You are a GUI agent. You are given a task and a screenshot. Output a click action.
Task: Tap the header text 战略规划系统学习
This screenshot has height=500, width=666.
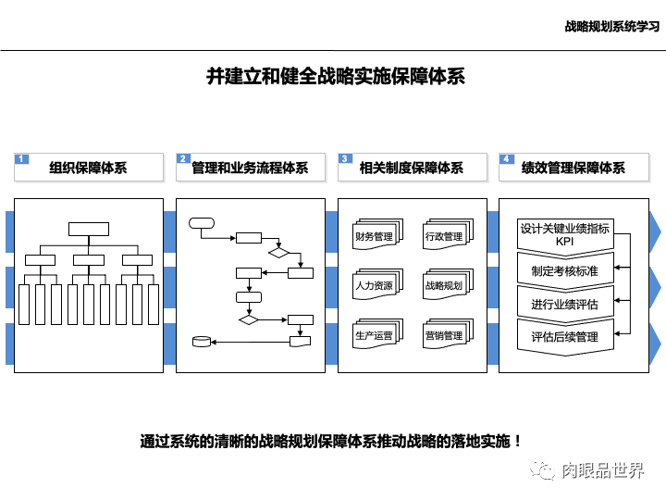(611, 26)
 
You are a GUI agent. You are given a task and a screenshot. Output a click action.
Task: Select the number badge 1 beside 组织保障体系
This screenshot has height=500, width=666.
(23, 159)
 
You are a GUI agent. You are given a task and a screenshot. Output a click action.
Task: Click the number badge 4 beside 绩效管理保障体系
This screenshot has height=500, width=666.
(507, 159)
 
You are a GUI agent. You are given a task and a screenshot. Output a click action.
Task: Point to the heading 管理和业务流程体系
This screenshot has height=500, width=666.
(250, 169)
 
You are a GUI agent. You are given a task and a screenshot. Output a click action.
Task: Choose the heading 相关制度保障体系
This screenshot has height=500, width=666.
(412, 169)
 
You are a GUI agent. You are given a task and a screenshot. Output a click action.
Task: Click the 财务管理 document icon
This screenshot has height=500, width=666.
(375, 236)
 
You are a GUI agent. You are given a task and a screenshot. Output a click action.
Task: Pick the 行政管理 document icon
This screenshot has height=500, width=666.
(444, 236)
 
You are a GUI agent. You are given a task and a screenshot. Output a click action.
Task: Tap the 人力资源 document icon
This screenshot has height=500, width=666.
(375, 285)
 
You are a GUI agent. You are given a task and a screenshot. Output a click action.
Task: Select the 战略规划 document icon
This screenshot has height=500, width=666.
(444, 285)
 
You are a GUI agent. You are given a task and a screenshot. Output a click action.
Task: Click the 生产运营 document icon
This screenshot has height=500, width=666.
(375, 335)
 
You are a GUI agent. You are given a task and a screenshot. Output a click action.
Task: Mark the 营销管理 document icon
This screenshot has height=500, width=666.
(444, 335)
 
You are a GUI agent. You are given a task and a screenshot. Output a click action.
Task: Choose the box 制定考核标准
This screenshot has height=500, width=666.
(564, 271)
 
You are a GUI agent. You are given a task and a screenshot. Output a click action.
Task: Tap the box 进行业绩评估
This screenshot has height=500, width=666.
(564, 304)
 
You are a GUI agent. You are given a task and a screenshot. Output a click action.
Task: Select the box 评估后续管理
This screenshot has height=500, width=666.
(564, 336)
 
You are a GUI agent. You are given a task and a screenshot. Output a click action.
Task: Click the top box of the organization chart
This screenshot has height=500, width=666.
(88, 229)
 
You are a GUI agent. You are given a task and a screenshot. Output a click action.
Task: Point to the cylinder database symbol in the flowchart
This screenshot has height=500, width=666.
(201, 342)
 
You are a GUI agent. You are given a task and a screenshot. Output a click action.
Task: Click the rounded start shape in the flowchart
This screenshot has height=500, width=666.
(201, 222)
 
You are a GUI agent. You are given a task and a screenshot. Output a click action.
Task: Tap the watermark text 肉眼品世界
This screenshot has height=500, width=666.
(602, 470)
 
